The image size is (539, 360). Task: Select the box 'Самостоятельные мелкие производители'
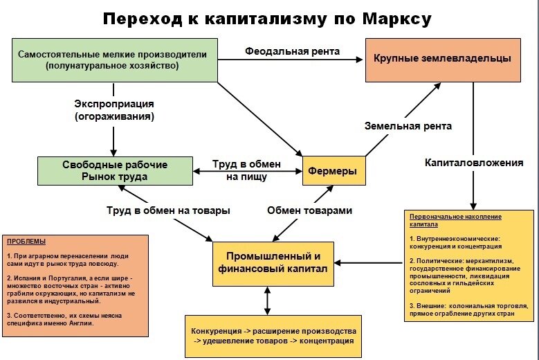(x=108, y=60)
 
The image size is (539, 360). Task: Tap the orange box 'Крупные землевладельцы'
(x=442, y=59)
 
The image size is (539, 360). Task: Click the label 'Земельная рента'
(x=408, y=126)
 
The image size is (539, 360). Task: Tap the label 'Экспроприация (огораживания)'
(x=114, y=110)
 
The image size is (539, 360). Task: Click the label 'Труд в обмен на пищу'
(x=247, y=170)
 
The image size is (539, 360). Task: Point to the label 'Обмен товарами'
(x=309, y=210)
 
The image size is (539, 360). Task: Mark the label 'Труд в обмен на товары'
(x=168, y=210)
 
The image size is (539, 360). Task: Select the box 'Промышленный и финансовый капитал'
(x=268, y=263)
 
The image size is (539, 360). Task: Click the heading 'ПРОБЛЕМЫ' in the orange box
(x=26, y=242)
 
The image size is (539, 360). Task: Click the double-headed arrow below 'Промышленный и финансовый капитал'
(x=268, y=300)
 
